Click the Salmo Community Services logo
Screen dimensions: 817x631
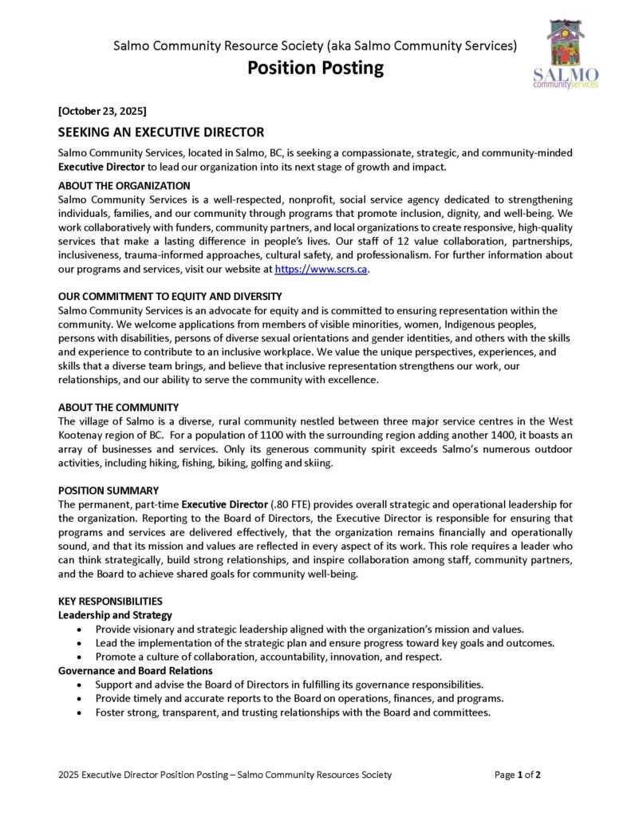click(566, 53)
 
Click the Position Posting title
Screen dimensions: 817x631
click(315, 68)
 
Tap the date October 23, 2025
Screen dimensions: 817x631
click(102, 110)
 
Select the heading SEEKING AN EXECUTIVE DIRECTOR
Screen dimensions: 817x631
click(161, 132)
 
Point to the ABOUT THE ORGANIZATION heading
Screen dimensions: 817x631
click(124, 186)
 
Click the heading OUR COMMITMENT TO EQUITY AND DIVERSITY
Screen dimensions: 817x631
click(170, 296)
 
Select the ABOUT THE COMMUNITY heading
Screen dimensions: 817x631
click(119, 407)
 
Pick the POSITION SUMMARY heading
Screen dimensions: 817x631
click(108, 490)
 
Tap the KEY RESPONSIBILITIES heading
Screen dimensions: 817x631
click(111, 601)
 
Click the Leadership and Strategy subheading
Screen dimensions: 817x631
click(115, 615)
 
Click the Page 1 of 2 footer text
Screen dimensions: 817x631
click(518, 775)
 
